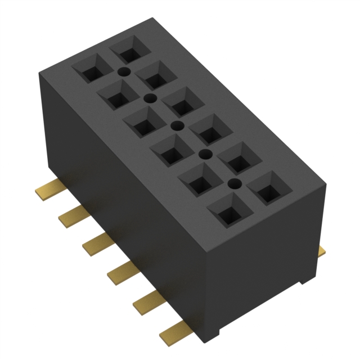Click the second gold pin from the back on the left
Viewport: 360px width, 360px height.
click(73, 215)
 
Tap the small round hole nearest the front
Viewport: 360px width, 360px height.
click(233, 183)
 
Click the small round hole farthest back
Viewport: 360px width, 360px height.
click(124, 71)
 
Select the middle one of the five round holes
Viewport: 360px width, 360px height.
click(177, 125)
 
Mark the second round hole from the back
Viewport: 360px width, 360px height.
click(150, 98)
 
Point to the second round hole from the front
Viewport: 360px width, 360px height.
click(206, 154)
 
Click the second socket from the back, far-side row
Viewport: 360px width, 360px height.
click(157, 79)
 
